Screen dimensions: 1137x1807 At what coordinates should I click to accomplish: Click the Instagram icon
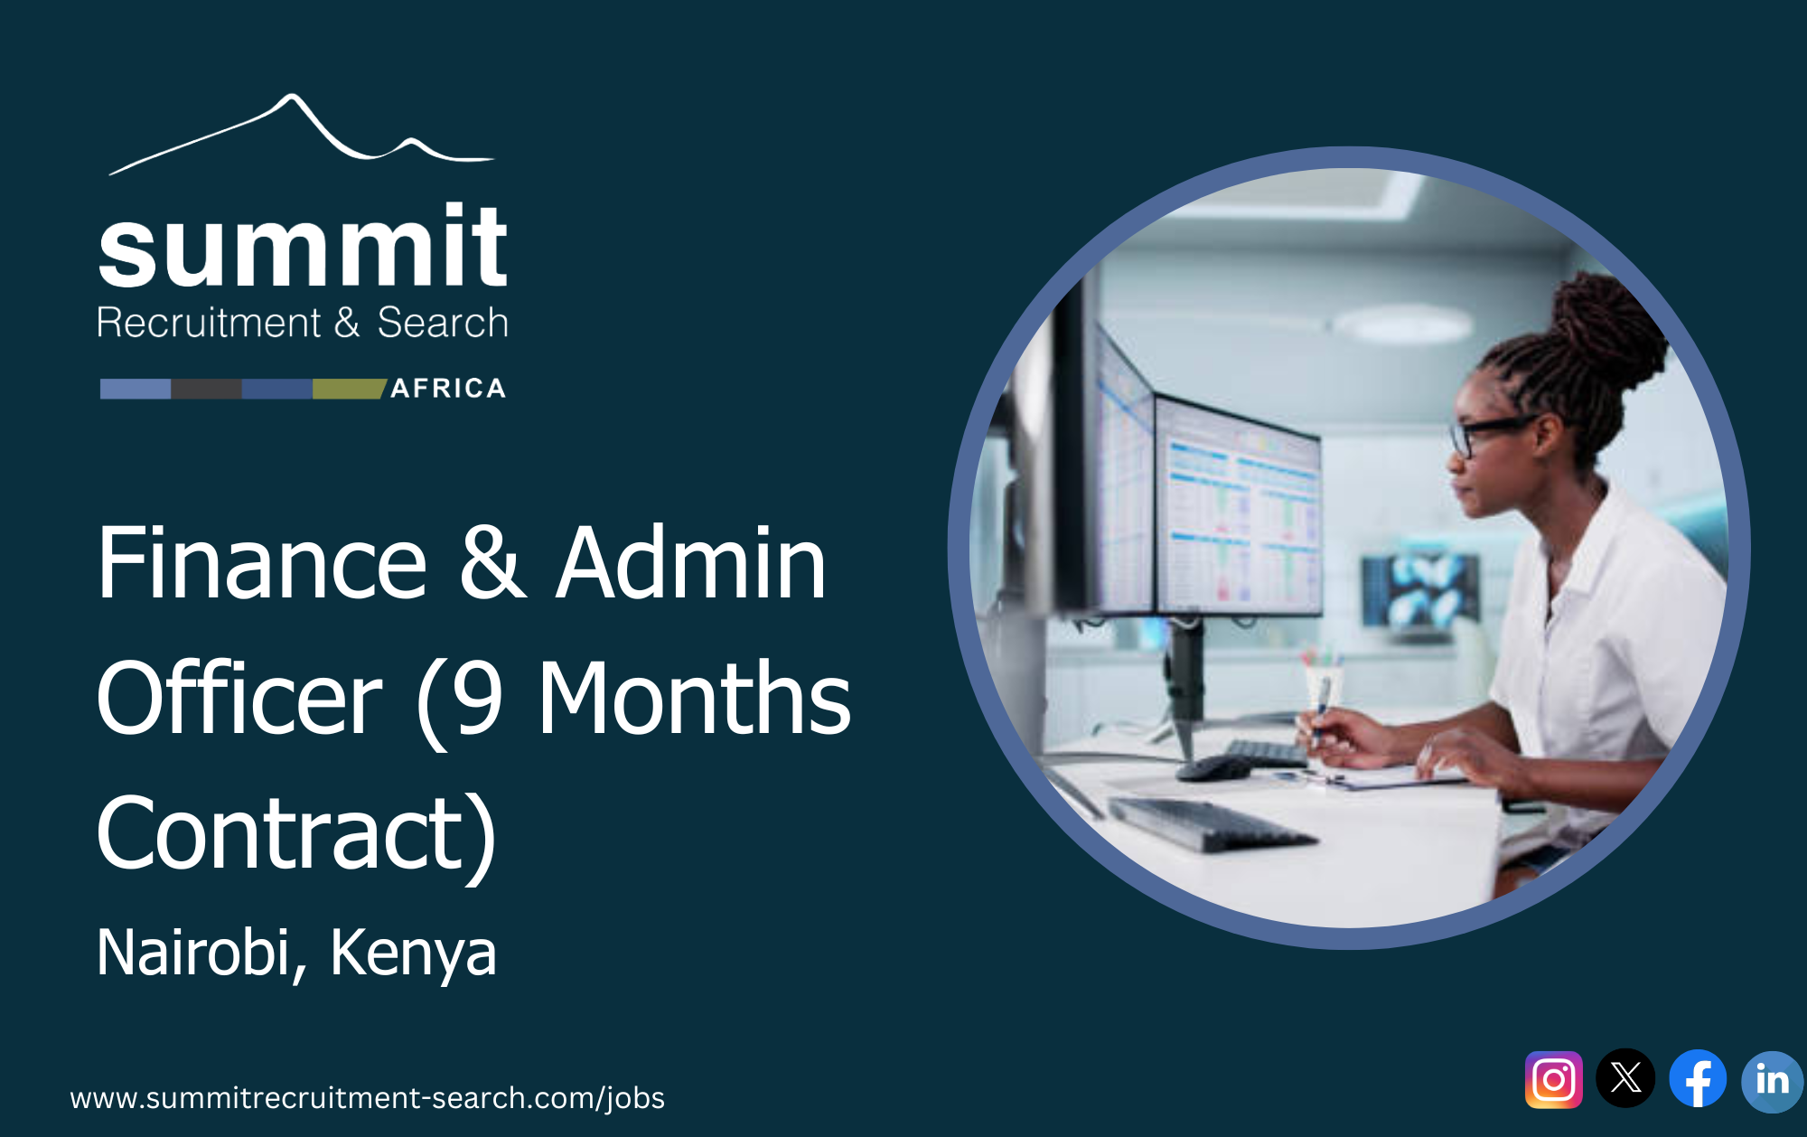[x=1553, y=1079]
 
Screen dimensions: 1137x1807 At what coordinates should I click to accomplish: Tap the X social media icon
[x=1625, y=1077]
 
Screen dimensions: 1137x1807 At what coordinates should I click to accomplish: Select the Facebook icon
[x=1698, y=1078]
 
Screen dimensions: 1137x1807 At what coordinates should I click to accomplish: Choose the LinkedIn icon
[x=1771, y=1080]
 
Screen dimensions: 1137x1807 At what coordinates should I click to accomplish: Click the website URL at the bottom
[x=367, y=1097]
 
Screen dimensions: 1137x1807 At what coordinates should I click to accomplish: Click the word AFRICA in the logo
[x=448, y=389]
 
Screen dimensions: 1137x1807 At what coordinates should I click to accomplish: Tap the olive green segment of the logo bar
[x=348, y=389]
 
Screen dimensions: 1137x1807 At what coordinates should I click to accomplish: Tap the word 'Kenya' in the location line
[x=413, y=953]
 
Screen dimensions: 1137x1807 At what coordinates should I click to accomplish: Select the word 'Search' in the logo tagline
[x=442, y=323]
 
